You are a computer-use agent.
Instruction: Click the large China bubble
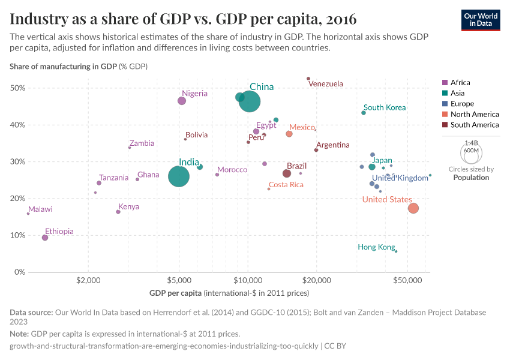pos(250,101)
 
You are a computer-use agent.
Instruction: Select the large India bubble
pos(179,176)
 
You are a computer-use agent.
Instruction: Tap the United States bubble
pos(413,208)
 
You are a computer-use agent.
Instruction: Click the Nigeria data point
pos(182,101)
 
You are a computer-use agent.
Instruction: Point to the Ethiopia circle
pos(45,238)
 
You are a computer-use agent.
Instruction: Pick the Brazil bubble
pos(287,173)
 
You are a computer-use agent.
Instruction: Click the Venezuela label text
pos(326,84)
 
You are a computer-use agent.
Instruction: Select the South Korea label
pos(385,107)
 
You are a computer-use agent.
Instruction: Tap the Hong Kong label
pos(376,247)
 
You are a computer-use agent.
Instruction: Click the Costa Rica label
pos(286,185)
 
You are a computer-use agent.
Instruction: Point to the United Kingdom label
pos(400,178)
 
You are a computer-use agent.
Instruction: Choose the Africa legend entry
pos(460,83)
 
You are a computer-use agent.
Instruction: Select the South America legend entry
pos(474,125)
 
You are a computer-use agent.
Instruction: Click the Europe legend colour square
pos(445,104)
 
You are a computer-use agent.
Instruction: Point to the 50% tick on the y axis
pos(17,88)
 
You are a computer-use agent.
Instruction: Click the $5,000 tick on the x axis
pos(179,280)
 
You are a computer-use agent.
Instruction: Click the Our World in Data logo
pos(481,20)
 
